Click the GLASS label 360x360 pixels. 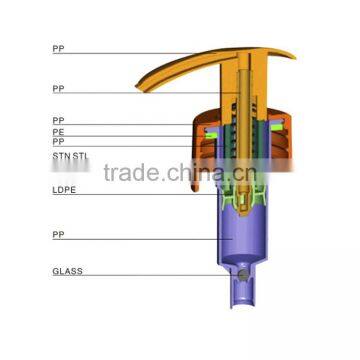(67, 271)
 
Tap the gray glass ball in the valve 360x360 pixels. (244, 275)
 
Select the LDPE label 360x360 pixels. (64, 190)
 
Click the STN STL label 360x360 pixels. (71, 156)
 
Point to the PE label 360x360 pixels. (58, 132)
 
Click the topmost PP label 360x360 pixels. (58, 49)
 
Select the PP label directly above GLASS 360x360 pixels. (58, 235)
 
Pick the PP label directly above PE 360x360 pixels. (58, 120)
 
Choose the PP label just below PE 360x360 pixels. (58, 142)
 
